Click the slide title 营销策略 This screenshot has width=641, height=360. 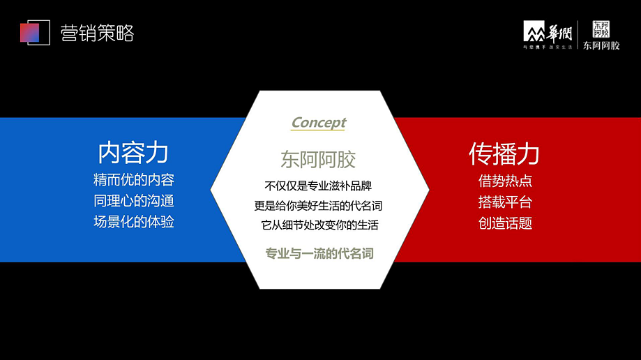[96, 33]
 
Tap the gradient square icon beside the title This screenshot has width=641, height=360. [34, 32]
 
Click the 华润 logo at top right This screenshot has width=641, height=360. [548, 35]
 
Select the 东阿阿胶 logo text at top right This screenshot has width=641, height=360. [601, 46]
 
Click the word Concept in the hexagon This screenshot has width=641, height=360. [319, 123]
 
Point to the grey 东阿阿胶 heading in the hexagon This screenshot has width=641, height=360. [318, 160]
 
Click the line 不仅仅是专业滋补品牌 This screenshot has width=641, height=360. [318, 186]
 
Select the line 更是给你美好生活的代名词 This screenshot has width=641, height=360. [318, 206]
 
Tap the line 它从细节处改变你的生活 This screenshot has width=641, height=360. [319, 225]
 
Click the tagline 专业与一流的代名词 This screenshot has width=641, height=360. [319, 253]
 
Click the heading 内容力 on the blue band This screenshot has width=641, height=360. [133, 152]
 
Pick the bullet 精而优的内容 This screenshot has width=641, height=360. [133, 180]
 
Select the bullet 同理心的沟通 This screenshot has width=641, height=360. [133, 201]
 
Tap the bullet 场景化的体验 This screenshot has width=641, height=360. [133, 222]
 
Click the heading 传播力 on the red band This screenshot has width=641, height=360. [504, 153]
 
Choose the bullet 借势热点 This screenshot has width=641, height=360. [505, 181]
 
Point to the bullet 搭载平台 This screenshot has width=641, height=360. [505, 202]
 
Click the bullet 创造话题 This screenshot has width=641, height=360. [505, 223]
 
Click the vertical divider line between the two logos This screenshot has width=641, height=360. [578, 35]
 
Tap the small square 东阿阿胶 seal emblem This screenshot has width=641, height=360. [601, 29]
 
